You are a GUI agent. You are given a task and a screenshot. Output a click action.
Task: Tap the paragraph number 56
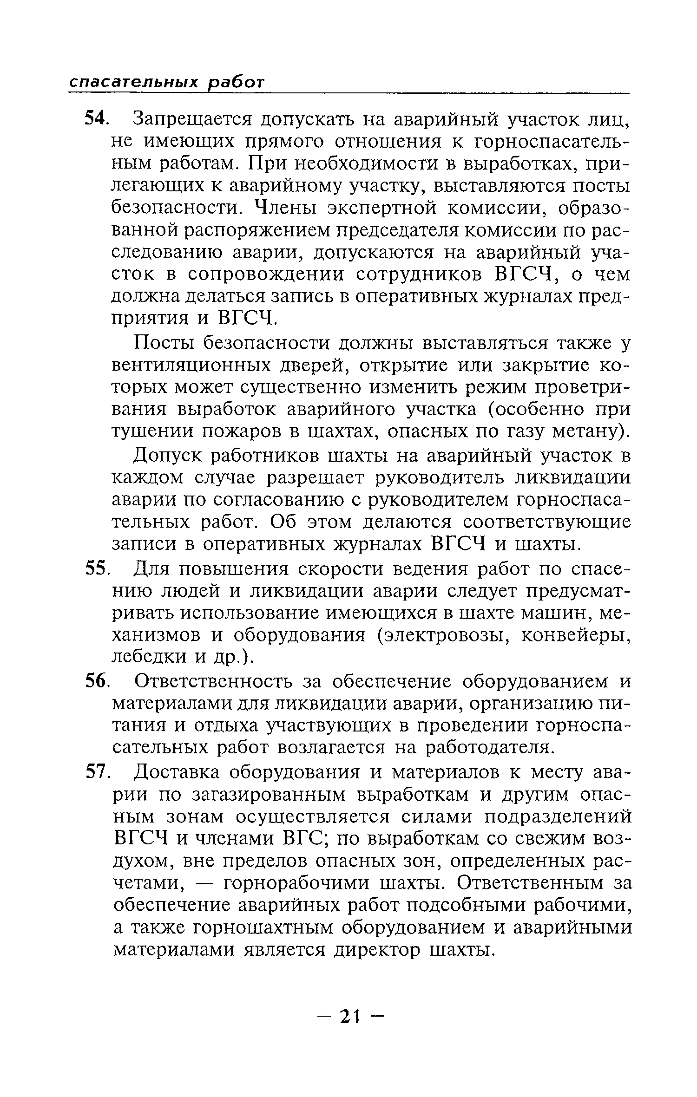95,682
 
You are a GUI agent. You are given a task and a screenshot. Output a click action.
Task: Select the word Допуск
168,456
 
